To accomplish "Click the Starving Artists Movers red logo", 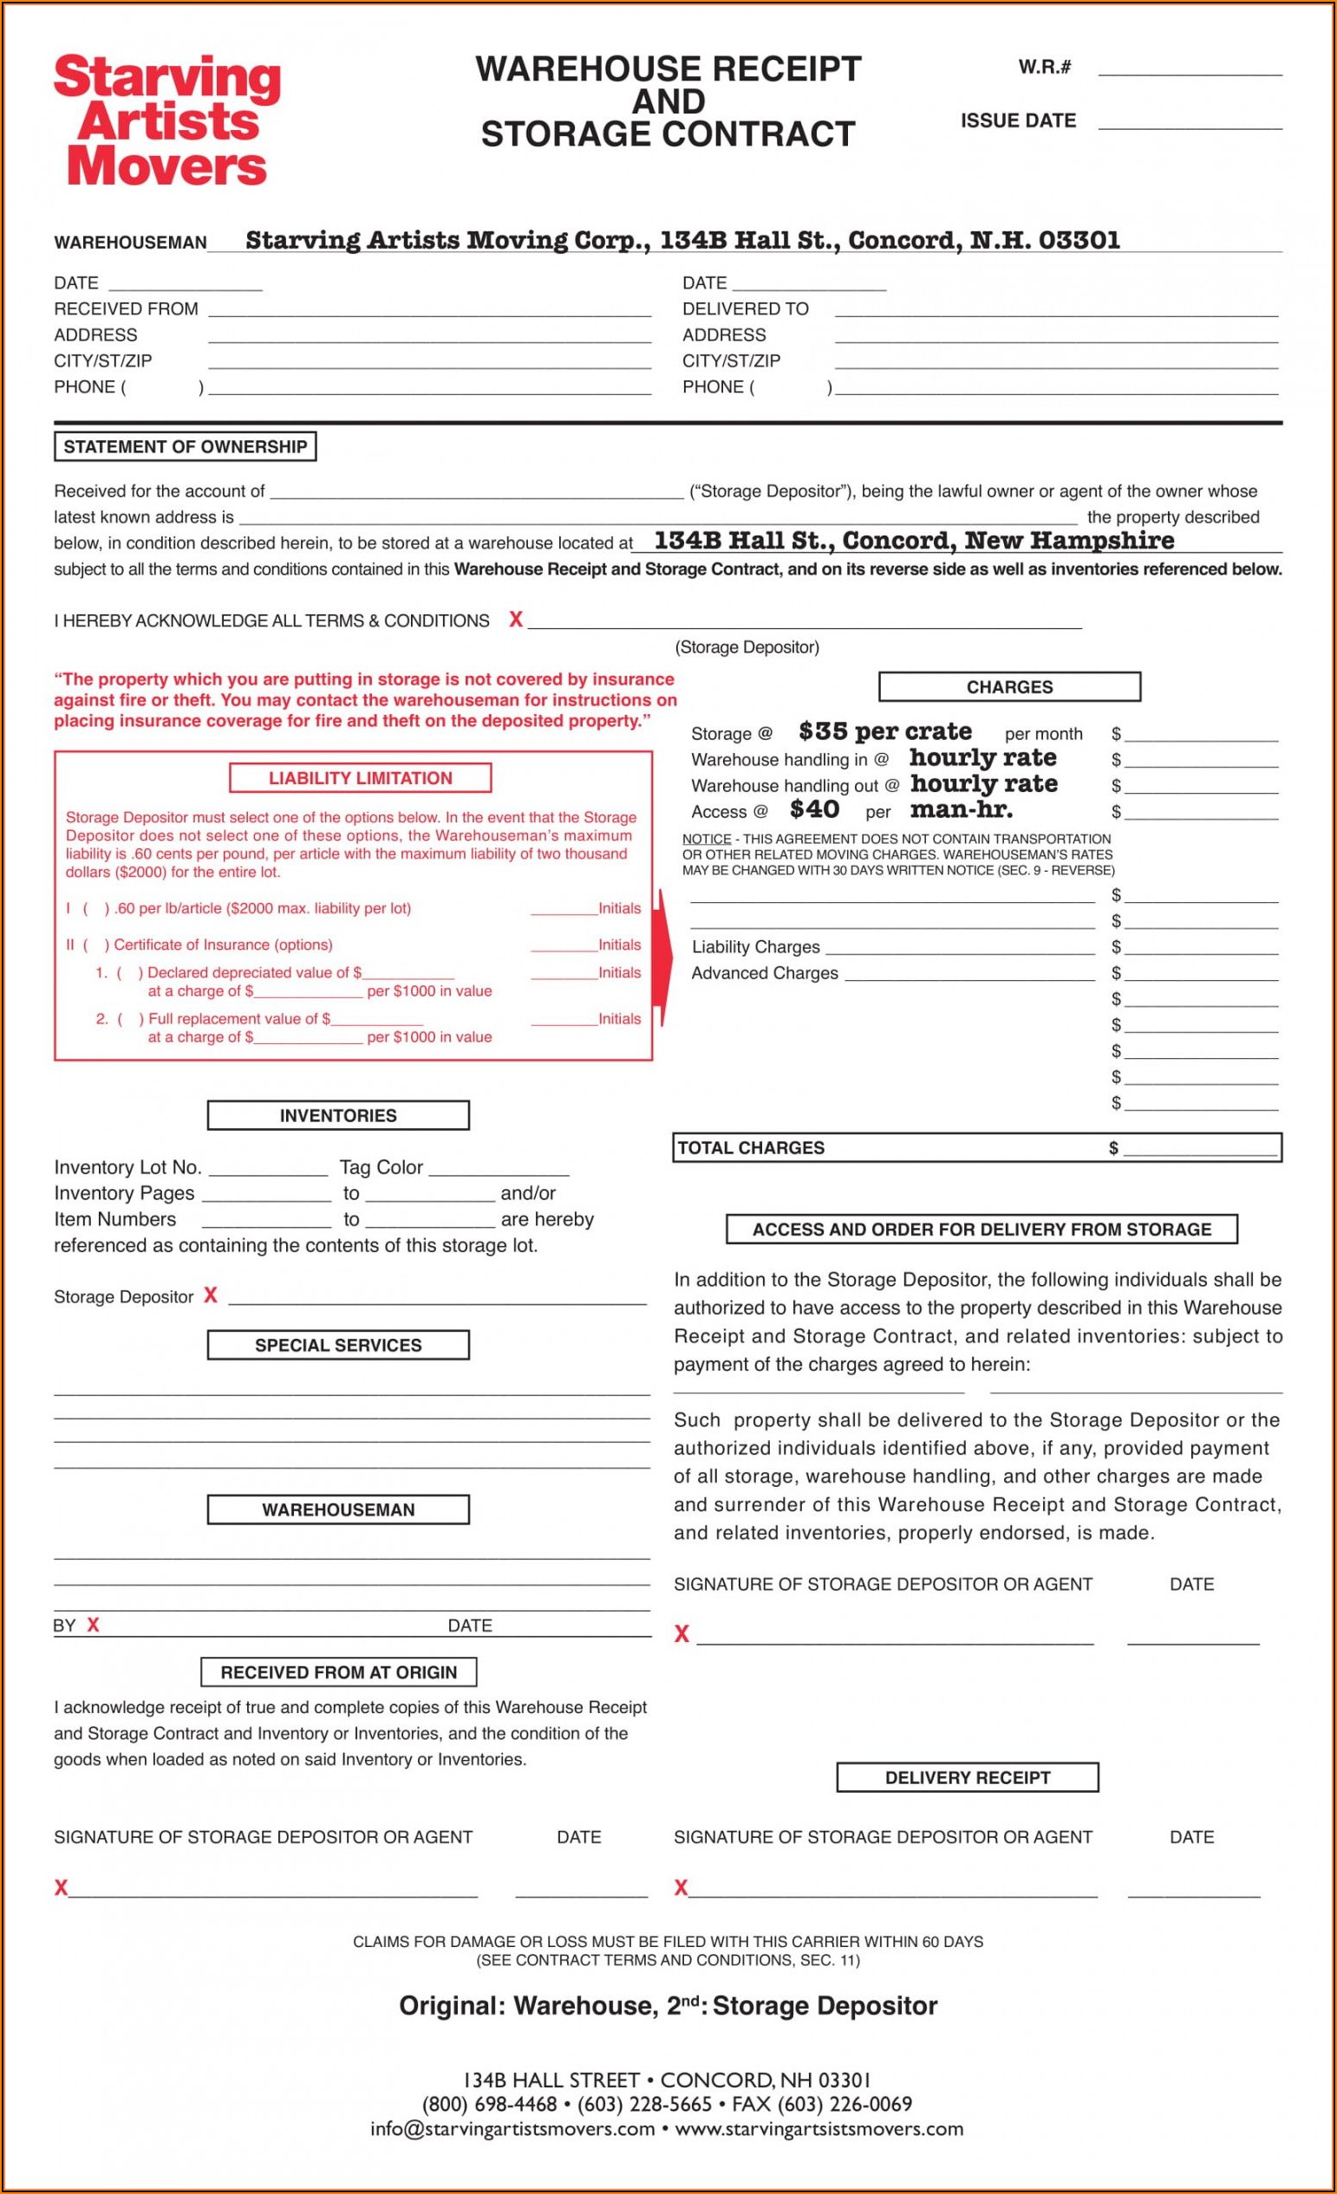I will pyautogui.click(x=166, y=120).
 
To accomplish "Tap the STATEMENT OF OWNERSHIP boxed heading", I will pyautogui.click(x=186, y=447).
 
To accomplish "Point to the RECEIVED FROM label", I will pyautogui.click(x=126, y=309).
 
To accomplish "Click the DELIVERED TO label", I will pyautogui.click(x=745, y=309).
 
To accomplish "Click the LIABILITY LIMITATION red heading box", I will pyautogui.click(x=360, y=778).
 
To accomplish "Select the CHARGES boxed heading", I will pyautogui.click(x=1009, y=687).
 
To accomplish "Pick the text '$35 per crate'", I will pyautogui.click(x=884, y=732).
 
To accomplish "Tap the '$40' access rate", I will pyautogui.click(x=814, y=809).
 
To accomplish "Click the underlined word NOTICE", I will pyautogui.click(x=707, y=839).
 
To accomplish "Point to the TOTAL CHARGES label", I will pyautogui.click(x=751, y=1148).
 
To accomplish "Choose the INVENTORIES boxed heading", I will pyautogui.click(x=337, y=1116).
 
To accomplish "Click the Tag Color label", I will pyautogui.click(x=381, y=1167).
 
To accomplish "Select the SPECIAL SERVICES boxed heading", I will pyautogui.click(x=337, y=1346).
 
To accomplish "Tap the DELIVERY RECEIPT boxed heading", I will pyautogui.click(x=968, y=1777).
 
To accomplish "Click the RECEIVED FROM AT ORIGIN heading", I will pyautogui.click(x=338, y=1672).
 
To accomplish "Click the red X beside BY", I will pyautogui.click(x=93, y=1625).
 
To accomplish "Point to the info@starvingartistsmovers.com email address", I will pyautogui.click(x=512, y=2129).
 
